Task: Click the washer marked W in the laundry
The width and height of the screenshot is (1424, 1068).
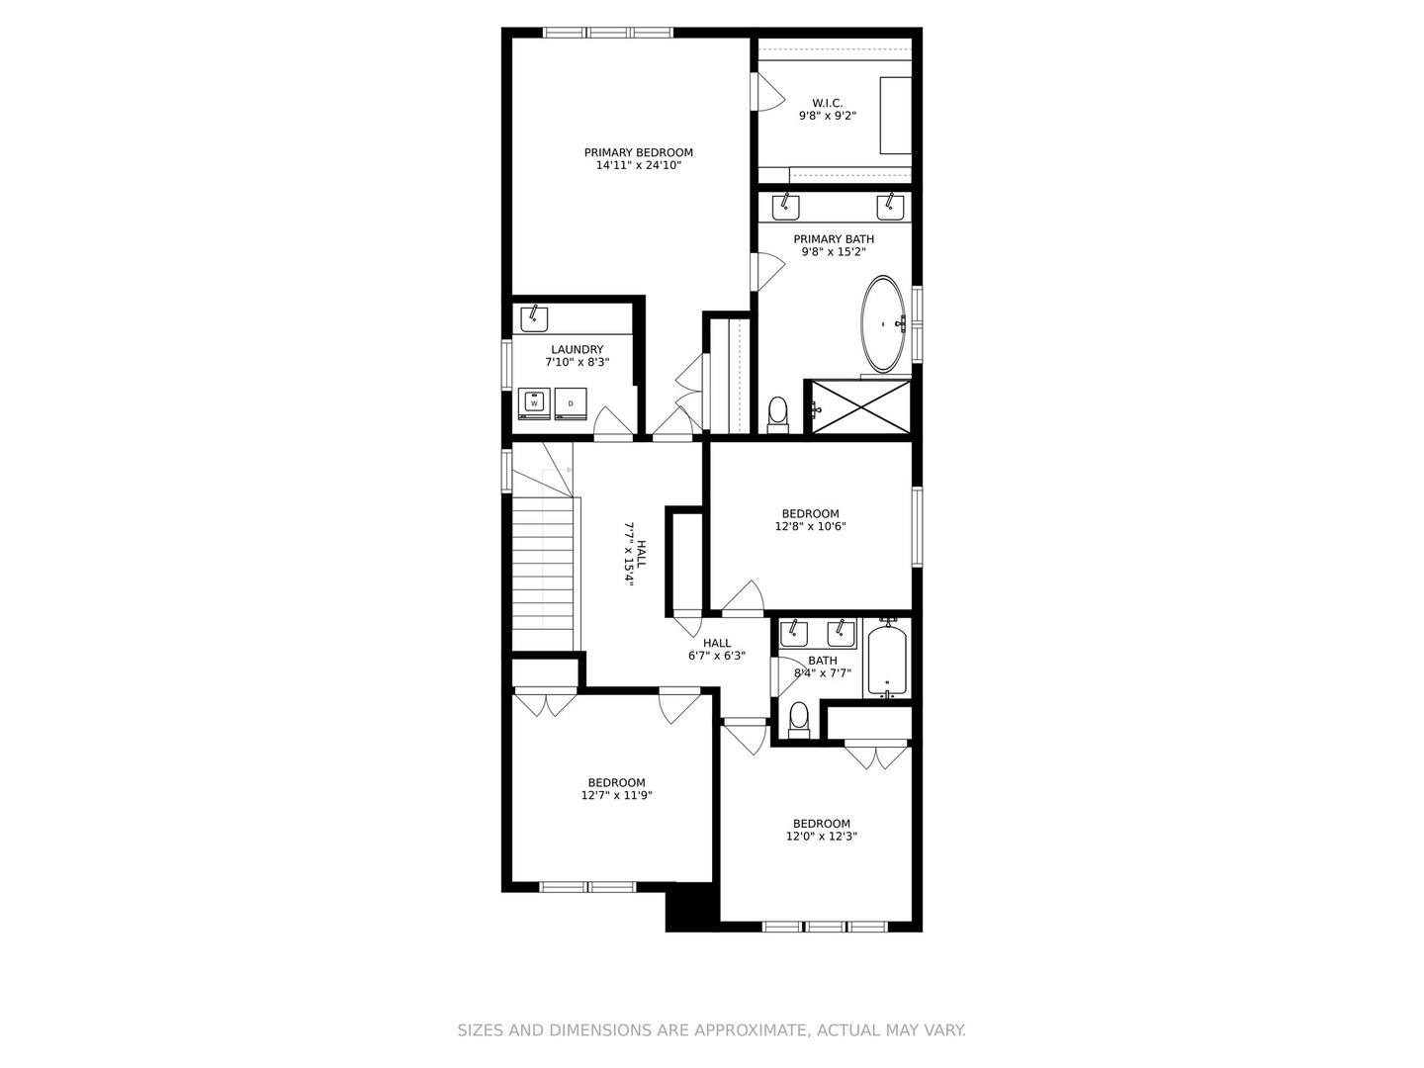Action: [534, 403]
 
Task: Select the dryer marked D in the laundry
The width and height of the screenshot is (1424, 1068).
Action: [571, 403]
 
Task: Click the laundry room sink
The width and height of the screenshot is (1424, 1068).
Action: [534, 318]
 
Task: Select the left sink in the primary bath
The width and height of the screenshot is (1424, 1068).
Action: [786, 207]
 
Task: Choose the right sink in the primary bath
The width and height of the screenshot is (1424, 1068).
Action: [889, 207]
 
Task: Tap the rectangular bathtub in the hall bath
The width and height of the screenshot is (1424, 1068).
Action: [887, 659]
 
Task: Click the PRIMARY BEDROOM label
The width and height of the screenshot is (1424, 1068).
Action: [638, 152]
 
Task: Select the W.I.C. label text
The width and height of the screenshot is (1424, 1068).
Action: [827, 103]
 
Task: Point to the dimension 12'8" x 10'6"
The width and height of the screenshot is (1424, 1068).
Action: [810, 526]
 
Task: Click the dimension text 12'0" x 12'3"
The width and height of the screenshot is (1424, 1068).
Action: [821, 836]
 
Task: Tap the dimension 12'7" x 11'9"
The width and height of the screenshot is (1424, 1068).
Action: [616, 795]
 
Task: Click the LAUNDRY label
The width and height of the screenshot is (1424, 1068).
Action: [577, 349]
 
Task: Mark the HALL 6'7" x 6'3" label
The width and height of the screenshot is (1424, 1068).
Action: [717, 649]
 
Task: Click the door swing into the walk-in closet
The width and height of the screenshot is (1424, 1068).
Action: [768, 93]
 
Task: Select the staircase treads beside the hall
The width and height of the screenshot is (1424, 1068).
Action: [543, 564]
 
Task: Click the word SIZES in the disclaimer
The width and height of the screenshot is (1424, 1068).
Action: [480, 1030]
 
